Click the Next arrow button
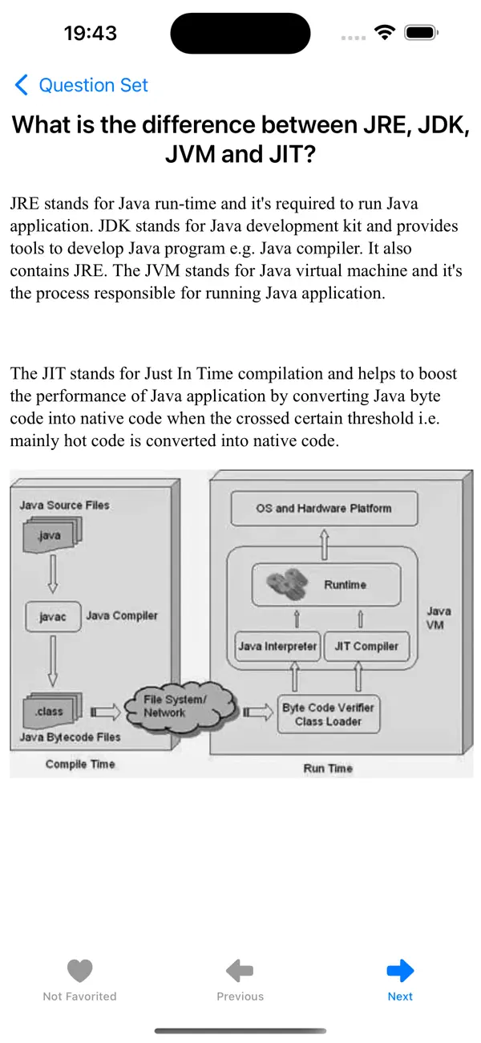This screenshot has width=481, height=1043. tap(400, 980)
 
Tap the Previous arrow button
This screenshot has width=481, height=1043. tap(240, 980)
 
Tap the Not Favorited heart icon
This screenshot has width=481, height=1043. tap(79, 980)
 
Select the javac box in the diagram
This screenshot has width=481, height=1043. tap(52, 617)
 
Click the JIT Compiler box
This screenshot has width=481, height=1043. tap(366, 646)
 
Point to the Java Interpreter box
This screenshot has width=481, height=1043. tap(277, 646)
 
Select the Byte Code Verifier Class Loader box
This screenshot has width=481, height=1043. tap(328, 714)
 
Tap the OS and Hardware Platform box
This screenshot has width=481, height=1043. tap(324, 509)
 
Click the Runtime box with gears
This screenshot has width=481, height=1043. tap(325, 585)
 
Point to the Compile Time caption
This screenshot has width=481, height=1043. tap(80, 764)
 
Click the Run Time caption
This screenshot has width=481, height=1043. tap(327, 768)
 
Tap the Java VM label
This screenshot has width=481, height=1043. tap(439, 617)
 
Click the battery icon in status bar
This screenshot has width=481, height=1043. tap(419, 33)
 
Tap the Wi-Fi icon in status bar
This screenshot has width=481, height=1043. tap(385, 33)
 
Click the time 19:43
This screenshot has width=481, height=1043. tap(91, 34)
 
